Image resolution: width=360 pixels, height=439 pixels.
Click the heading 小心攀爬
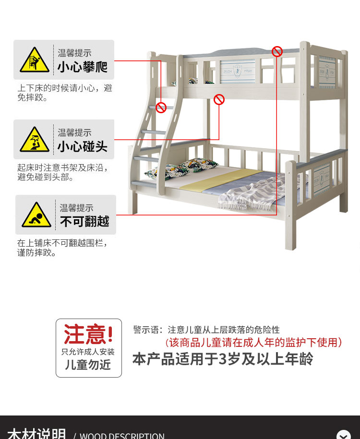point(83,67)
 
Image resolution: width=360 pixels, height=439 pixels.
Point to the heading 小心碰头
point(83,146)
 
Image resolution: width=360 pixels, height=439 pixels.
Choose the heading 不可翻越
point(84,222)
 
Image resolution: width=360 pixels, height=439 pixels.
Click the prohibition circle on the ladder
point(161,107)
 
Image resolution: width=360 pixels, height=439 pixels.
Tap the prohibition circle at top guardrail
point(277,51)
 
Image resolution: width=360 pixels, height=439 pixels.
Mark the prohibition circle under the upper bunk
point(219,99)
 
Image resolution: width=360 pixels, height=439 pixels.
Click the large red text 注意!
point(89,334)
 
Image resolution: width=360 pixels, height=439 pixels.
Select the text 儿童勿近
point(88,365)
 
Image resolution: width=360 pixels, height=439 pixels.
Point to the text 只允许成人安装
point(88,351)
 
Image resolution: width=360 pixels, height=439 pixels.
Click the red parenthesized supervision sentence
point(254,342)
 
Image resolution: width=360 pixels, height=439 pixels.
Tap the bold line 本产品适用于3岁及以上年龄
point(223,359)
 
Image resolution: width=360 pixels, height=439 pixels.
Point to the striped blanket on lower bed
point(254,192)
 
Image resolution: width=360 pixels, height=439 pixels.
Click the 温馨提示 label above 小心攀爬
point(74,53)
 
